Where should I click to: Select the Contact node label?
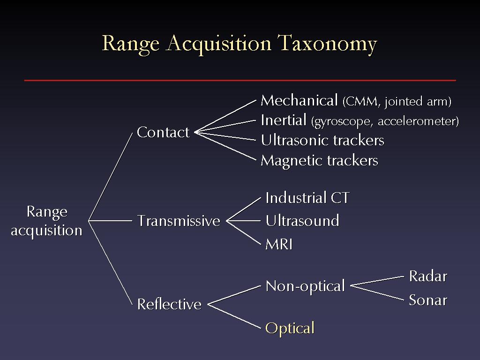[163, 132]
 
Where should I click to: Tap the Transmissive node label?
[179, 221]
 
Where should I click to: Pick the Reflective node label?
[169, 304]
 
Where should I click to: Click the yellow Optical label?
[290, 329]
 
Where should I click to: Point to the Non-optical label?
[305, 287]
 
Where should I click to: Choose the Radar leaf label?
[428, 277]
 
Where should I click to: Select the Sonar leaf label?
[428, 300]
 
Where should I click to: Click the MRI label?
[279, 244]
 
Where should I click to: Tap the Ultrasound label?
[302, 220]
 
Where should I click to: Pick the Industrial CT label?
[307, 197]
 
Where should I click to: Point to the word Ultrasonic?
[295, 141]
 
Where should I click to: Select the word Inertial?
[284, 120]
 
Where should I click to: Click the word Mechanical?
[299, 100]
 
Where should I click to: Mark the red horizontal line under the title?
[240, 81]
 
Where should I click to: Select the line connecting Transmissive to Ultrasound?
[243, 221]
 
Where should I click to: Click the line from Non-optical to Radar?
[377, 281]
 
